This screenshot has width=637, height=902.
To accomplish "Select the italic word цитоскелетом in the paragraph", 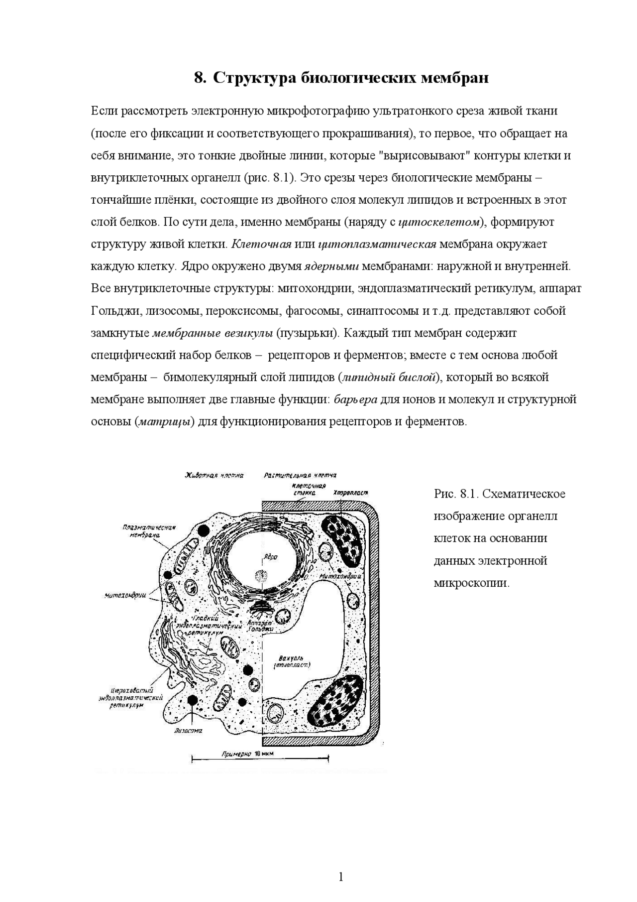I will pyautogui.click(x=441, y=222).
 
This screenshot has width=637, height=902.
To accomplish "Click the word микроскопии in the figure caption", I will pyautogui.click(x=471, y=583).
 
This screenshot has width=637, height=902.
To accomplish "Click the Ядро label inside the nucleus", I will pyautogui.click(x=270, y=557).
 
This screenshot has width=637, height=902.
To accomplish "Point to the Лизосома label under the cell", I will pyautogui.click(x=188, y=731).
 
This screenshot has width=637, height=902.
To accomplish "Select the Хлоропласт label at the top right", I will pyautogui.click(x=350, y=493).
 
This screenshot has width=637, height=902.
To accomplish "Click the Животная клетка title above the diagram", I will pyautogui.click(x=214, y=476).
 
